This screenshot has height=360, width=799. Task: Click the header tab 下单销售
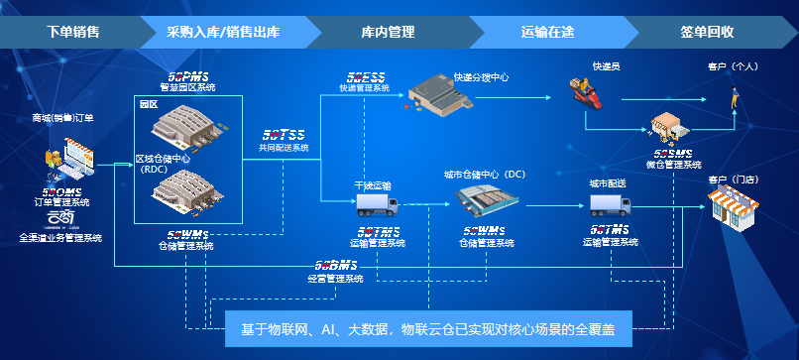pos(73,32)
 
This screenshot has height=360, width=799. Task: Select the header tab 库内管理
pos(387,32)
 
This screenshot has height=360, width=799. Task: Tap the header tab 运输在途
pos(547,32)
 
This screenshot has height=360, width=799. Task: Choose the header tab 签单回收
pos(707,32)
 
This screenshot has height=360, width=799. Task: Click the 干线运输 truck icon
pos(376,205)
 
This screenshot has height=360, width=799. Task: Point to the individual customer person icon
pos(735,97)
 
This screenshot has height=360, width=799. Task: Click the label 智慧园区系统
pos(187,87)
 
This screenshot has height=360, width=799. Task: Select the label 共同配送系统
pos(284,147)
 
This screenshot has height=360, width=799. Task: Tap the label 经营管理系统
pos(335,279)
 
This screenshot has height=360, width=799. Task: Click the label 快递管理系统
pos(364,87)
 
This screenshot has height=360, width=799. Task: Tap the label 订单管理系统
pos(61,202)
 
